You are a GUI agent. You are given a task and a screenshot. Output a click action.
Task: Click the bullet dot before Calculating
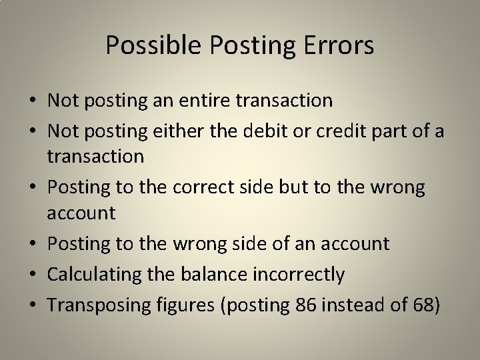point(32,274)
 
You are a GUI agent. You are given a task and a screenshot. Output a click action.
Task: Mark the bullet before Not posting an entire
point(32,101)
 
